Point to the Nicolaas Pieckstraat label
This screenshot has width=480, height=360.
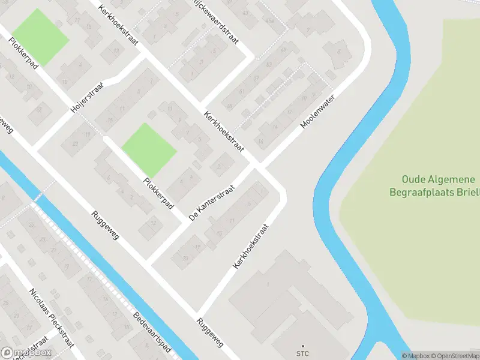pyautogui.click(x=51, y=317)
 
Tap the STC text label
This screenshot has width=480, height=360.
pyautogui.click(x=302, y=354)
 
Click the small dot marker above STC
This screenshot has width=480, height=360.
pyautogui.click(x=302, y=346)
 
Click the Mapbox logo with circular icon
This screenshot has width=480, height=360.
pyautogui.click(x=26, y=353)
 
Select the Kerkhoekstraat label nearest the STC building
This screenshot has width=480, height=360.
pyautogui.click(x=250, y=246)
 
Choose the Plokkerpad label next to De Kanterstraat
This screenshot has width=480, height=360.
pyautogui.click(x=158, y=194)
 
